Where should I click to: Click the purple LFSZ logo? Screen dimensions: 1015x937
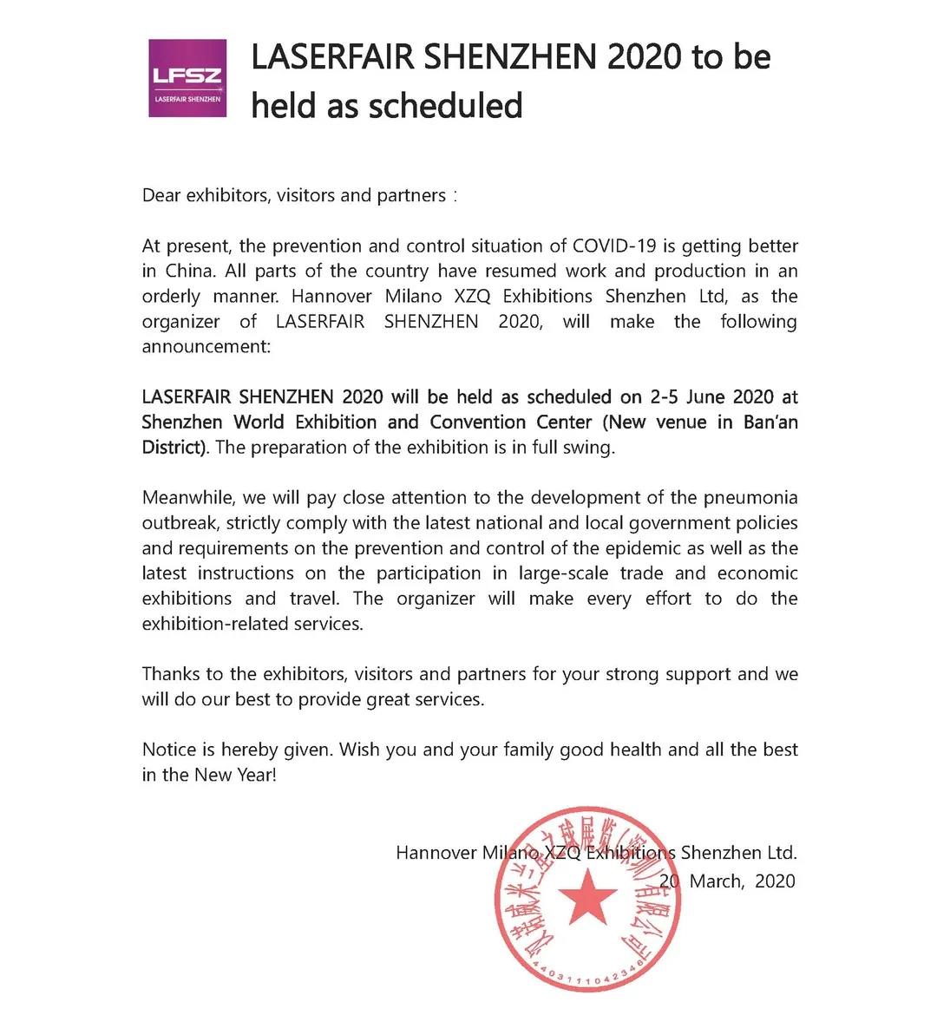[x=187, y=78]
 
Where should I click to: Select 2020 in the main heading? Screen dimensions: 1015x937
[x=644, y=57]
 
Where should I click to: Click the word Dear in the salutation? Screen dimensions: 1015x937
[x=161, y=195]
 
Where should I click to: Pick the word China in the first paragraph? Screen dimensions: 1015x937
[x=190, y=272]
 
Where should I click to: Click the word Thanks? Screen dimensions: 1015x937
[x=170, y=674]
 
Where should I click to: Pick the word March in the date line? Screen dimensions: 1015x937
[x=716, y=881]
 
